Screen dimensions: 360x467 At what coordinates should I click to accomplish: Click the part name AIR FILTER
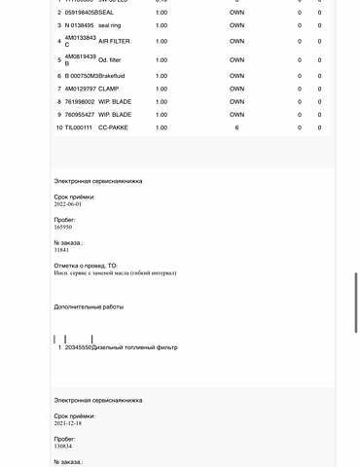[116, 41]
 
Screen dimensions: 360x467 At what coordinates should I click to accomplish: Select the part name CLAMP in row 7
[109, 89]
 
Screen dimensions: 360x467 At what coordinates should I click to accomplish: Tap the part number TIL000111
[77, 127]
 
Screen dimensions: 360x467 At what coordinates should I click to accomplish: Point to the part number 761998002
[79, 101]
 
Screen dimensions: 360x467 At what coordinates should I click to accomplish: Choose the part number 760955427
[79, 115]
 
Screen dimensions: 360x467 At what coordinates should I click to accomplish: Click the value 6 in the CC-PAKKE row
[236, 127]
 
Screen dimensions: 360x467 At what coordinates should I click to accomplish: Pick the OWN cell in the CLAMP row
[236, 89]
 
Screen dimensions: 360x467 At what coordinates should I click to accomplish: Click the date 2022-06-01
[68, 204]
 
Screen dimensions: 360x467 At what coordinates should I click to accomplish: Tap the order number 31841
[61, 249]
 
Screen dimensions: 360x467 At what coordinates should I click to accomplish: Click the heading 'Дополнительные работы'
[89, 306]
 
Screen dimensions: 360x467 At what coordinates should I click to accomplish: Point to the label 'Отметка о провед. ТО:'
[85, 265]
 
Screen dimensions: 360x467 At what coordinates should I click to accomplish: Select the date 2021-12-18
[68, 423]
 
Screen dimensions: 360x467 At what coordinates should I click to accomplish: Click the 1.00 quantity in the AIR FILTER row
[162, 41]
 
